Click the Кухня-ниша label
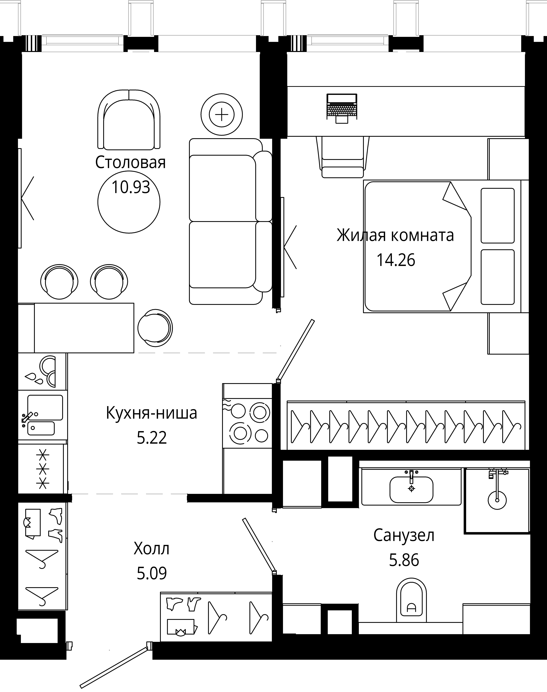point(152,413)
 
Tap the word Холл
point(152,549)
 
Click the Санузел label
point(404,535)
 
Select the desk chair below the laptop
point(343,157)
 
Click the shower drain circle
point(497,500)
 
